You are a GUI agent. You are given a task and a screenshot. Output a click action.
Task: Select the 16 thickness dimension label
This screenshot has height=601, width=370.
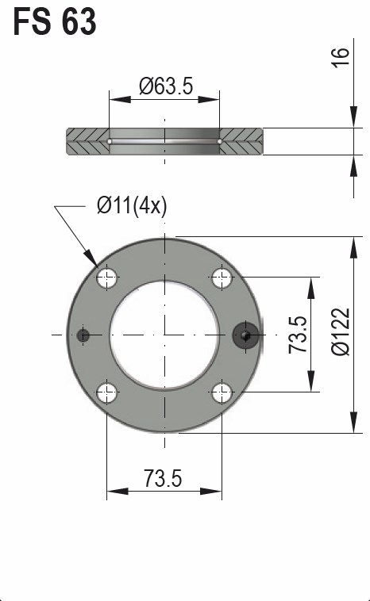click(x=340, y=57)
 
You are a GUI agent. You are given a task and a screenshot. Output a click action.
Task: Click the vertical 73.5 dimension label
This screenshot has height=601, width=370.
click(x=298, y=335)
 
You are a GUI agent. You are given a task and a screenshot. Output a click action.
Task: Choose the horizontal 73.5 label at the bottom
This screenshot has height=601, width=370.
click(x=164, y=479)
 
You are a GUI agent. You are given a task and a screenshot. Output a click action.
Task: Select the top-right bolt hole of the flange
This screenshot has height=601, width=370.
click(x=222, y=278)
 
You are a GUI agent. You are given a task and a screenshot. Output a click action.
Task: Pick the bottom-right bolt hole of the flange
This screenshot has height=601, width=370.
click(x=222, y=392)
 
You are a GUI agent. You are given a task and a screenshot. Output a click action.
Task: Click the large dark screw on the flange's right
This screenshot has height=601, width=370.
click(x=245, y=335)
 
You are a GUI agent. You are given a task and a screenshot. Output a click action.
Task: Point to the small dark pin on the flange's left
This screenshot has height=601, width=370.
click(x=83, y=335)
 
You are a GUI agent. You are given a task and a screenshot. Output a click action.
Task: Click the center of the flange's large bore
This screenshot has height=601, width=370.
click(x=164, y=335)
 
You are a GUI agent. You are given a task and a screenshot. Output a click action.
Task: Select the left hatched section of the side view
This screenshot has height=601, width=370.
click(x=87, y=142)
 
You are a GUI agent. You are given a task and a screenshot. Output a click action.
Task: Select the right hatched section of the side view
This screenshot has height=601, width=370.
click(x=241, y=142)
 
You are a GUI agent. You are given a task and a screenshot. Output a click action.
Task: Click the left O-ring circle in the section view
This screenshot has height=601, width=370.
click(x=109, y=142)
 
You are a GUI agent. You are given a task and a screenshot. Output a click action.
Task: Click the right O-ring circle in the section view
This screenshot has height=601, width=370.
click(x=220, y=142)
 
